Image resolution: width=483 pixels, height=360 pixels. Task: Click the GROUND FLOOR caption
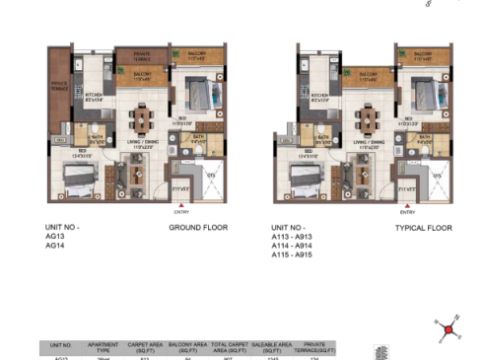click(198, 228)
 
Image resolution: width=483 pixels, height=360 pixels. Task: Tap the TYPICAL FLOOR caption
click(423, 228)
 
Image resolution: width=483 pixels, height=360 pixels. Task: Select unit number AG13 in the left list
click(56, 238)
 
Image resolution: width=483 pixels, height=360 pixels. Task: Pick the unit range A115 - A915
click(301, 254)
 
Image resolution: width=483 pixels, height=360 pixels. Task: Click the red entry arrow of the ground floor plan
click(180, 202)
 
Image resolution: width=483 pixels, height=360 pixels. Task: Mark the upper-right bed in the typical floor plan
click(426, 96)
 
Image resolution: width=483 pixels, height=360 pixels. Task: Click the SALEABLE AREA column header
click(271, 348)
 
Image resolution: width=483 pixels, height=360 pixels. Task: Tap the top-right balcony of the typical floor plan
click(422, 55)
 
